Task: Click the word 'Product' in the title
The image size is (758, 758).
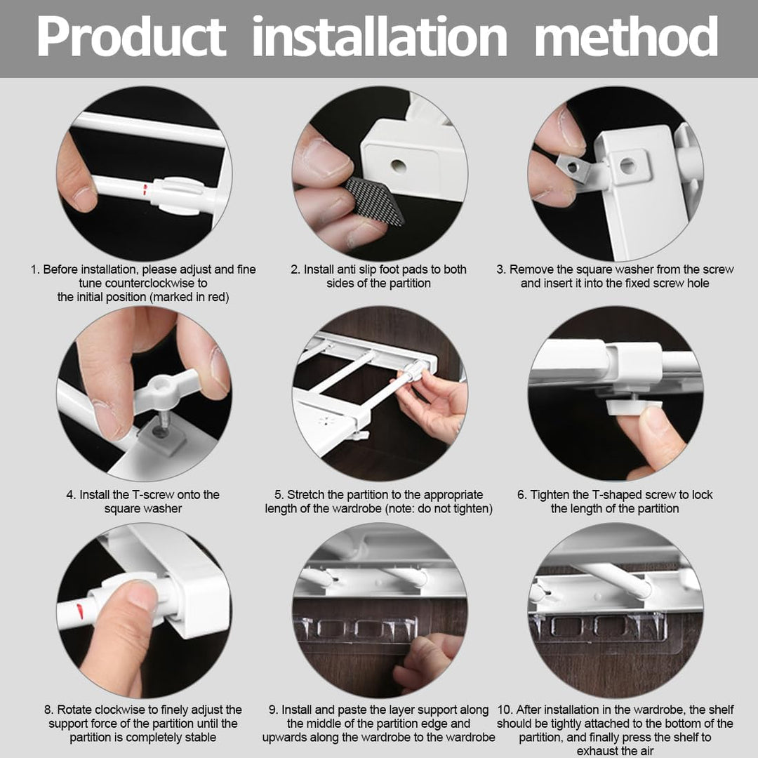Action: pyautogui.click(x=131, y=36)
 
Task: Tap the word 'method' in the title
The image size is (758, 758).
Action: pyautogui.click(x=626, y=36)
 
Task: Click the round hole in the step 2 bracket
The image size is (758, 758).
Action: pyautogui.click(x=399, y=166)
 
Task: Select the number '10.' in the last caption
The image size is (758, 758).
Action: pyautogui.click(x=505, y=710)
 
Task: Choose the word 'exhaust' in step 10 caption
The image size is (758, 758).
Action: pyautogui.click(x=597, y=751)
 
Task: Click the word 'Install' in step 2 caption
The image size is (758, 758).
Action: pyautogui.click(x=319, y=270)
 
